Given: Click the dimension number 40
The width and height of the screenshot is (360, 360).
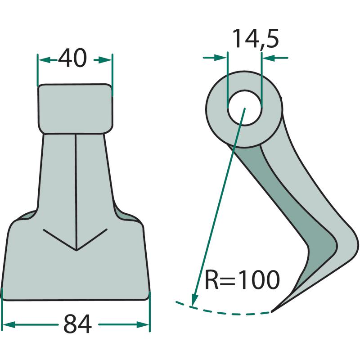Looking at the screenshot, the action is [x=72, y=58].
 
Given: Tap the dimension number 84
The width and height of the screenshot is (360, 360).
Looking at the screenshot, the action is [x=77, y=324].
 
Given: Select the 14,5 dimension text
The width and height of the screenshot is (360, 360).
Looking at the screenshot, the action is [x=256, y=39].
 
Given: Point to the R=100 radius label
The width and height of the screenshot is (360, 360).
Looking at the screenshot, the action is [x=242, y=279].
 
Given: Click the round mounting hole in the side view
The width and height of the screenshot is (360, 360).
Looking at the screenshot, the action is [x=245, y=108].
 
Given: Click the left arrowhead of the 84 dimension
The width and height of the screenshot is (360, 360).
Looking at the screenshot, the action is [x=9, y=324].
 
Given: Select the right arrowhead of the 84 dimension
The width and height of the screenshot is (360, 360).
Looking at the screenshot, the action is [x=143, y=324].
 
